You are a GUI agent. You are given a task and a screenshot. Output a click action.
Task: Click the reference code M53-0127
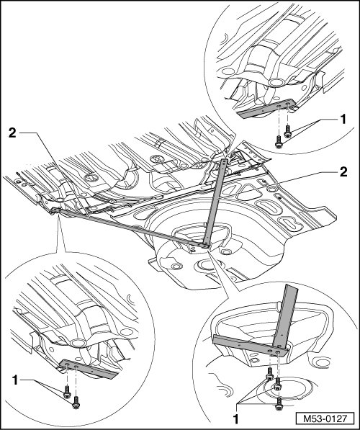tap(325, 418)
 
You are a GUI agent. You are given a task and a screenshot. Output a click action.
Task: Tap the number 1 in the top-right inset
tap(343, 120)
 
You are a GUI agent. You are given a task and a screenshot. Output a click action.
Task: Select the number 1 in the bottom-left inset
tap(15, 380)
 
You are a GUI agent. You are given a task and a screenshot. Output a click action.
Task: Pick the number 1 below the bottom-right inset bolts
tap(235, 418)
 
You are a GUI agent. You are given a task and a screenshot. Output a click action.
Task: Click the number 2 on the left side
tap(13, 133)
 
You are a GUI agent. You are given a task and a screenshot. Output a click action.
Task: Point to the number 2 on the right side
tap(343, 172)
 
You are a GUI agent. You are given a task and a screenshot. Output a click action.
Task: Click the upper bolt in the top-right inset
tap(287, 131)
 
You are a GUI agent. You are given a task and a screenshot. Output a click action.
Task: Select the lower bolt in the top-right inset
tap(279, 142)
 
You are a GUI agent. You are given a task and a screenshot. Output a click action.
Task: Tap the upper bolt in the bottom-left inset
tap(67, 392)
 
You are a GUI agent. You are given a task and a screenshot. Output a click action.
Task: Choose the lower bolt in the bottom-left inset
tap(76, 403)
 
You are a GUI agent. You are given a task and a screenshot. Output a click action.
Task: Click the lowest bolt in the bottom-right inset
tap(279, 404)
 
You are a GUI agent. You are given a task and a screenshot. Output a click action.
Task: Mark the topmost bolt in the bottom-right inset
tap(270, 374)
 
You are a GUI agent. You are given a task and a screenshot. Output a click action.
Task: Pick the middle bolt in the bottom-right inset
tap(278, 384)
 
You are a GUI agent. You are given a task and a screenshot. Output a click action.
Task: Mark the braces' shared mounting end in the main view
tap(204, 245)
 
